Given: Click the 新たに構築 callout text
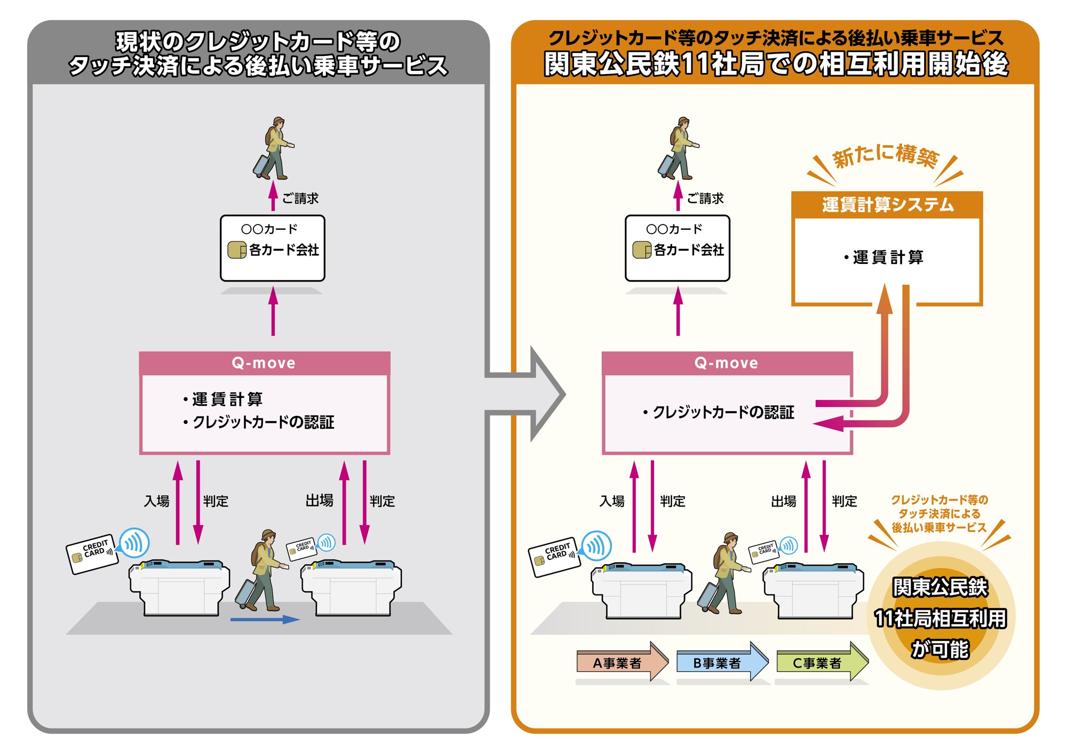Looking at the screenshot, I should coord(885,156).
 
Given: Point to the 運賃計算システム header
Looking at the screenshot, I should coord(887,205).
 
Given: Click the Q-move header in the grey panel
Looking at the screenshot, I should coord(264,363).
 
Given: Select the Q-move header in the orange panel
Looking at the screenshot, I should coord(727,363).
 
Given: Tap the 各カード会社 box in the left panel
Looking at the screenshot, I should coord(273,248).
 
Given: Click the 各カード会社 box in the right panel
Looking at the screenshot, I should coord(678,248).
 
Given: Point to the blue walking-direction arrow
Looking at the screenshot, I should coord(265,620).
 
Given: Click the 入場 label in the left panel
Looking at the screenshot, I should coord(157,501).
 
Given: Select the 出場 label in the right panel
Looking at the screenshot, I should coord(784,501).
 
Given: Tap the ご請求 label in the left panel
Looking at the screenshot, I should coord(300,199).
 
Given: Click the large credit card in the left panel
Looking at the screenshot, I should coord(92,554).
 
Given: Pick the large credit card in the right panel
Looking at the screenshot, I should coord(554,557).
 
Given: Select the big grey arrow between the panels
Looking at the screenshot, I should coord(525,394).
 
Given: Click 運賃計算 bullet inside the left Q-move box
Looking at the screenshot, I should coord(227,399).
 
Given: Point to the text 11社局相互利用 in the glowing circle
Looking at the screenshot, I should coord(940,619).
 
